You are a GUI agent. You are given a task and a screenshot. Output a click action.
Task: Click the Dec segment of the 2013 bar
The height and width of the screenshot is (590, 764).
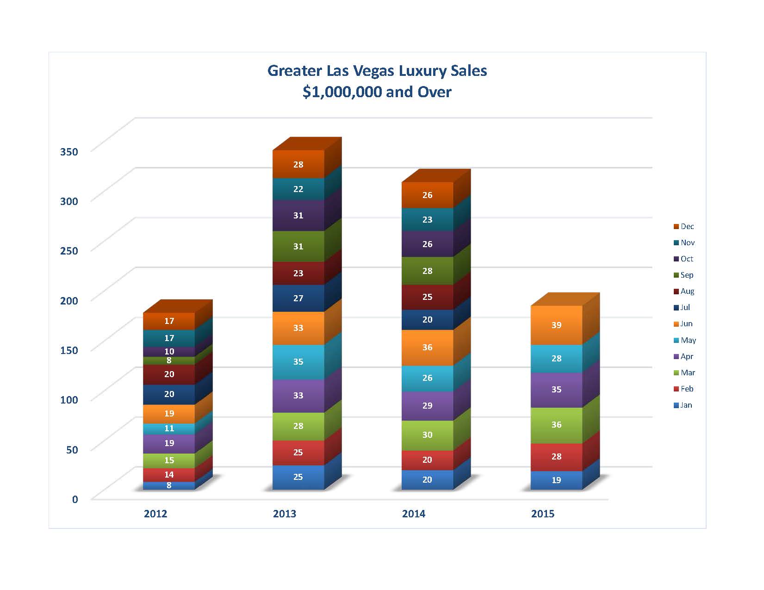pos(298,164)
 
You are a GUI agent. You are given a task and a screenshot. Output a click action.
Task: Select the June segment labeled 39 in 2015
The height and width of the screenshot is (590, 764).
pos(556,325)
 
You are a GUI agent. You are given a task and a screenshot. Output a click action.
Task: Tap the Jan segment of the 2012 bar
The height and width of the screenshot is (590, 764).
pos(169,485)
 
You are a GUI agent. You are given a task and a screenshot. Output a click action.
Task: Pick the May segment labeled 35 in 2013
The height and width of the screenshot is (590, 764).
pos(298,361)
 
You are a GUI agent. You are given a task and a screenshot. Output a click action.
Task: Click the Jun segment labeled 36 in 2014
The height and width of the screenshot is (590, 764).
pos(427,347)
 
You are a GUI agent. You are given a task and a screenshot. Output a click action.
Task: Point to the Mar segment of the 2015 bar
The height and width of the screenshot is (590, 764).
pos(556,425)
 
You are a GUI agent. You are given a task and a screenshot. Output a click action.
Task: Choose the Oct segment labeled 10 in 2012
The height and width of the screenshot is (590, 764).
pos(169,352)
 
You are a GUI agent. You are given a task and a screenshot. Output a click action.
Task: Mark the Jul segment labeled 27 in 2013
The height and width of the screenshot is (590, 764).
pos(298,298)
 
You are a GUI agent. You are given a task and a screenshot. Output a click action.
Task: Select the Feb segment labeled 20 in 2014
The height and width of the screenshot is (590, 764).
pos(427,460)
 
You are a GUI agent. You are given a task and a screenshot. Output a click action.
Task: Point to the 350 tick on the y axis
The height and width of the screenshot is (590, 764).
pos(69,151)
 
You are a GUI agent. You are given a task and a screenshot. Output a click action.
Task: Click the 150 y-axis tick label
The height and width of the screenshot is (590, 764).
pos(69,350)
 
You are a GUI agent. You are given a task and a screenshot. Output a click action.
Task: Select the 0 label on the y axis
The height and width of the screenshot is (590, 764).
pos(75,499)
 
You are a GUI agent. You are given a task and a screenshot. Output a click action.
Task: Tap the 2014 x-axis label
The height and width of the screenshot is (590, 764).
pos(414,514)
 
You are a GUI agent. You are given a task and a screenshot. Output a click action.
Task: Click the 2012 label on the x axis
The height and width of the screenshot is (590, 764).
pos(155,514)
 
